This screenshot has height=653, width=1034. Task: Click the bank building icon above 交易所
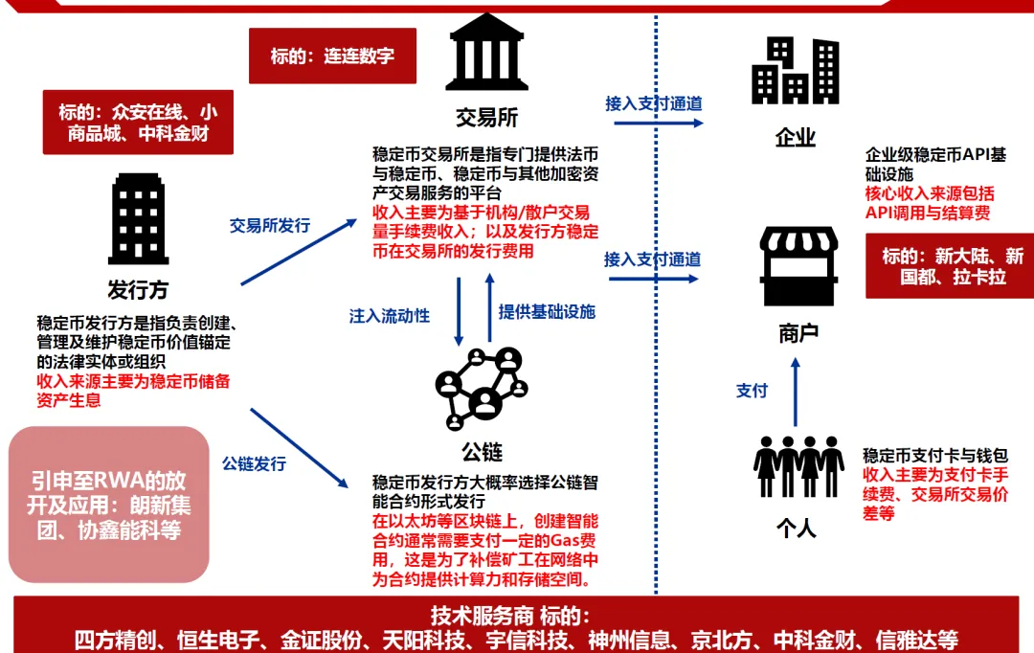point(486,53)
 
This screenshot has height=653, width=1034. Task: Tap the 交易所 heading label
point(486,118)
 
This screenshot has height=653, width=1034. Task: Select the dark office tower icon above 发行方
point(139,218)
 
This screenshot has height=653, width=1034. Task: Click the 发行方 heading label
point(139,289)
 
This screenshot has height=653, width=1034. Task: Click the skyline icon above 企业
point(795,70)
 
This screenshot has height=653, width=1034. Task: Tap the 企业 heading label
point(795,138)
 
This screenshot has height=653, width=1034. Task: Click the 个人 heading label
point(797,527)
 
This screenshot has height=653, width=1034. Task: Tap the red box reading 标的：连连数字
point(332,55)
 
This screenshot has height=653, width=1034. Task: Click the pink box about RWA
point(108,505)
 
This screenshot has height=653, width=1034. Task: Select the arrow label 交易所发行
point(270,226)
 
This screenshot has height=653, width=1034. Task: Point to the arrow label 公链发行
point(254,463)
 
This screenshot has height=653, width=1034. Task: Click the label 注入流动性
point(390,315)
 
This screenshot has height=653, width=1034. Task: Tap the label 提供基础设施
point(547,312)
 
